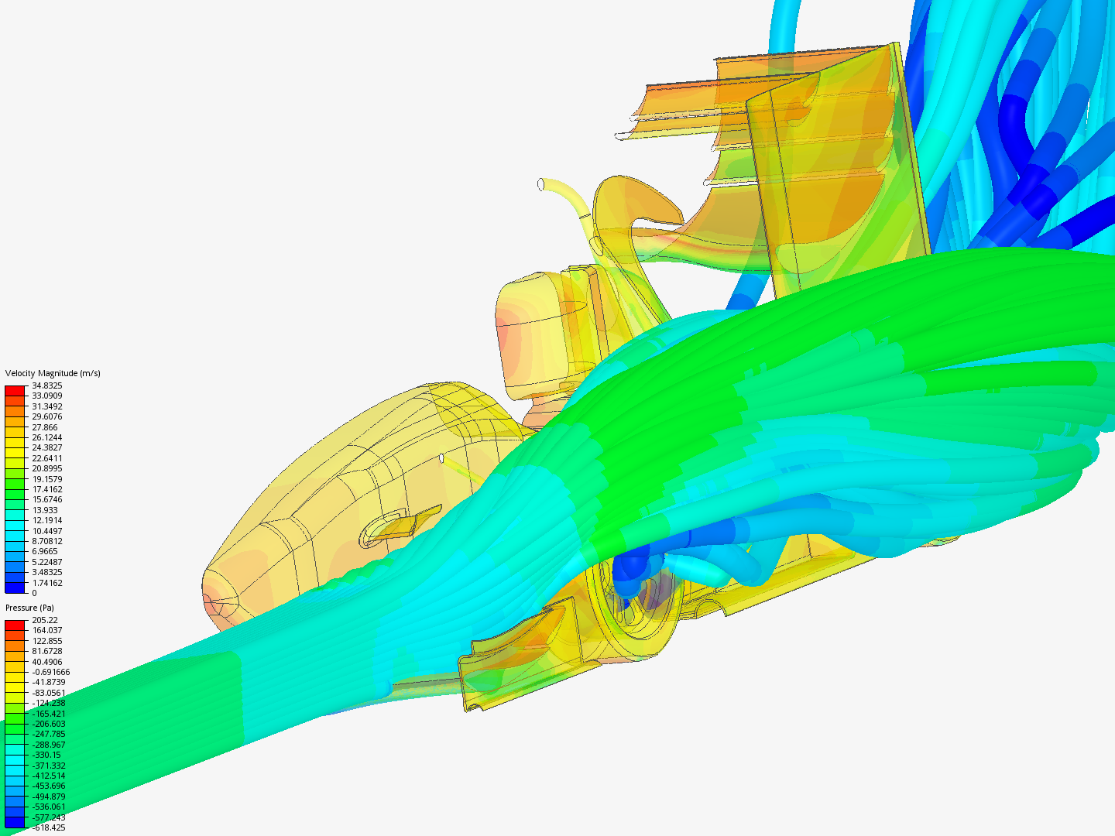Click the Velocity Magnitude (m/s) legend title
coord(53,373)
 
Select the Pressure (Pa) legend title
coord(29,608)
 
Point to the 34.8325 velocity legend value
coord(47,385)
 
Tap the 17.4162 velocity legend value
coord(47,489)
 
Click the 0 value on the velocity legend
coord(35,593)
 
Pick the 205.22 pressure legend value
coord(45,620)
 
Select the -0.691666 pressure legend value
coord(51,672)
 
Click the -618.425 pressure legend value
coord(49,827)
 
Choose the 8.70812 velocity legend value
coord(47,541)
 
